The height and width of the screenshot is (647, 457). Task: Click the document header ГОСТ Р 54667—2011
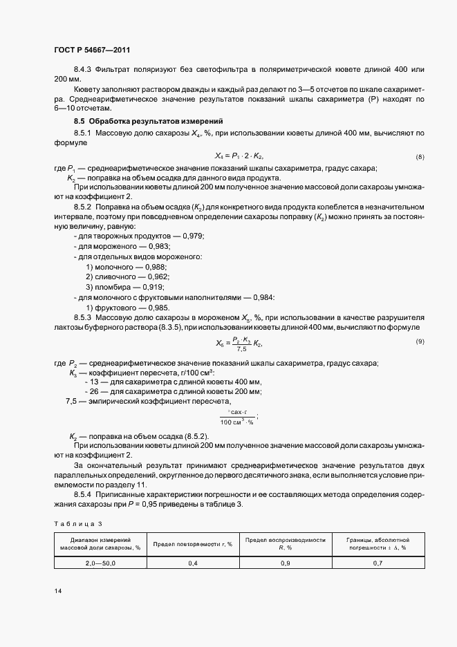pyautogui.click(x=91, y=50)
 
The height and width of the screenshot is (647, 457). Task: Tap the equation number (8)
pyautogui.click(x=420, y=157)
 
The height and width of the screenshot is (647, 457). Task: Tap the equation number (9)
pyautogui.click(x=420, y=342)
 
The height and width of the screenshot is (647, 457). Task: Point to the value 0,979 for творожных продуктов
pyautogui.click(x=192, y=236)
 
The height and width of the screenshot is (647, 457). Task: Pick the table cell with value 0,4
pyautogui.click(x=193, y=563)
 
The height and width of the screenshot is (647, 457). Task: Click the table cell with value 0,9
pyautogui.click(x=285, y=563)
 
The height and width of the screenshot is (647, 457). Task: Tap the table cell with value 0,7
pyautogui.click(x=377, y=563)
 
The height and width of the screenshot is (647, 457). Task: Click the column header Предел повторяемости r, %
pyautogui.click(x=193, y=543)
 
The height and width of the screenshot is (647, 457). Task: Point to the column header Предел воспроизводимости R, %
pyautogui.click(x=285, y=543)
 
